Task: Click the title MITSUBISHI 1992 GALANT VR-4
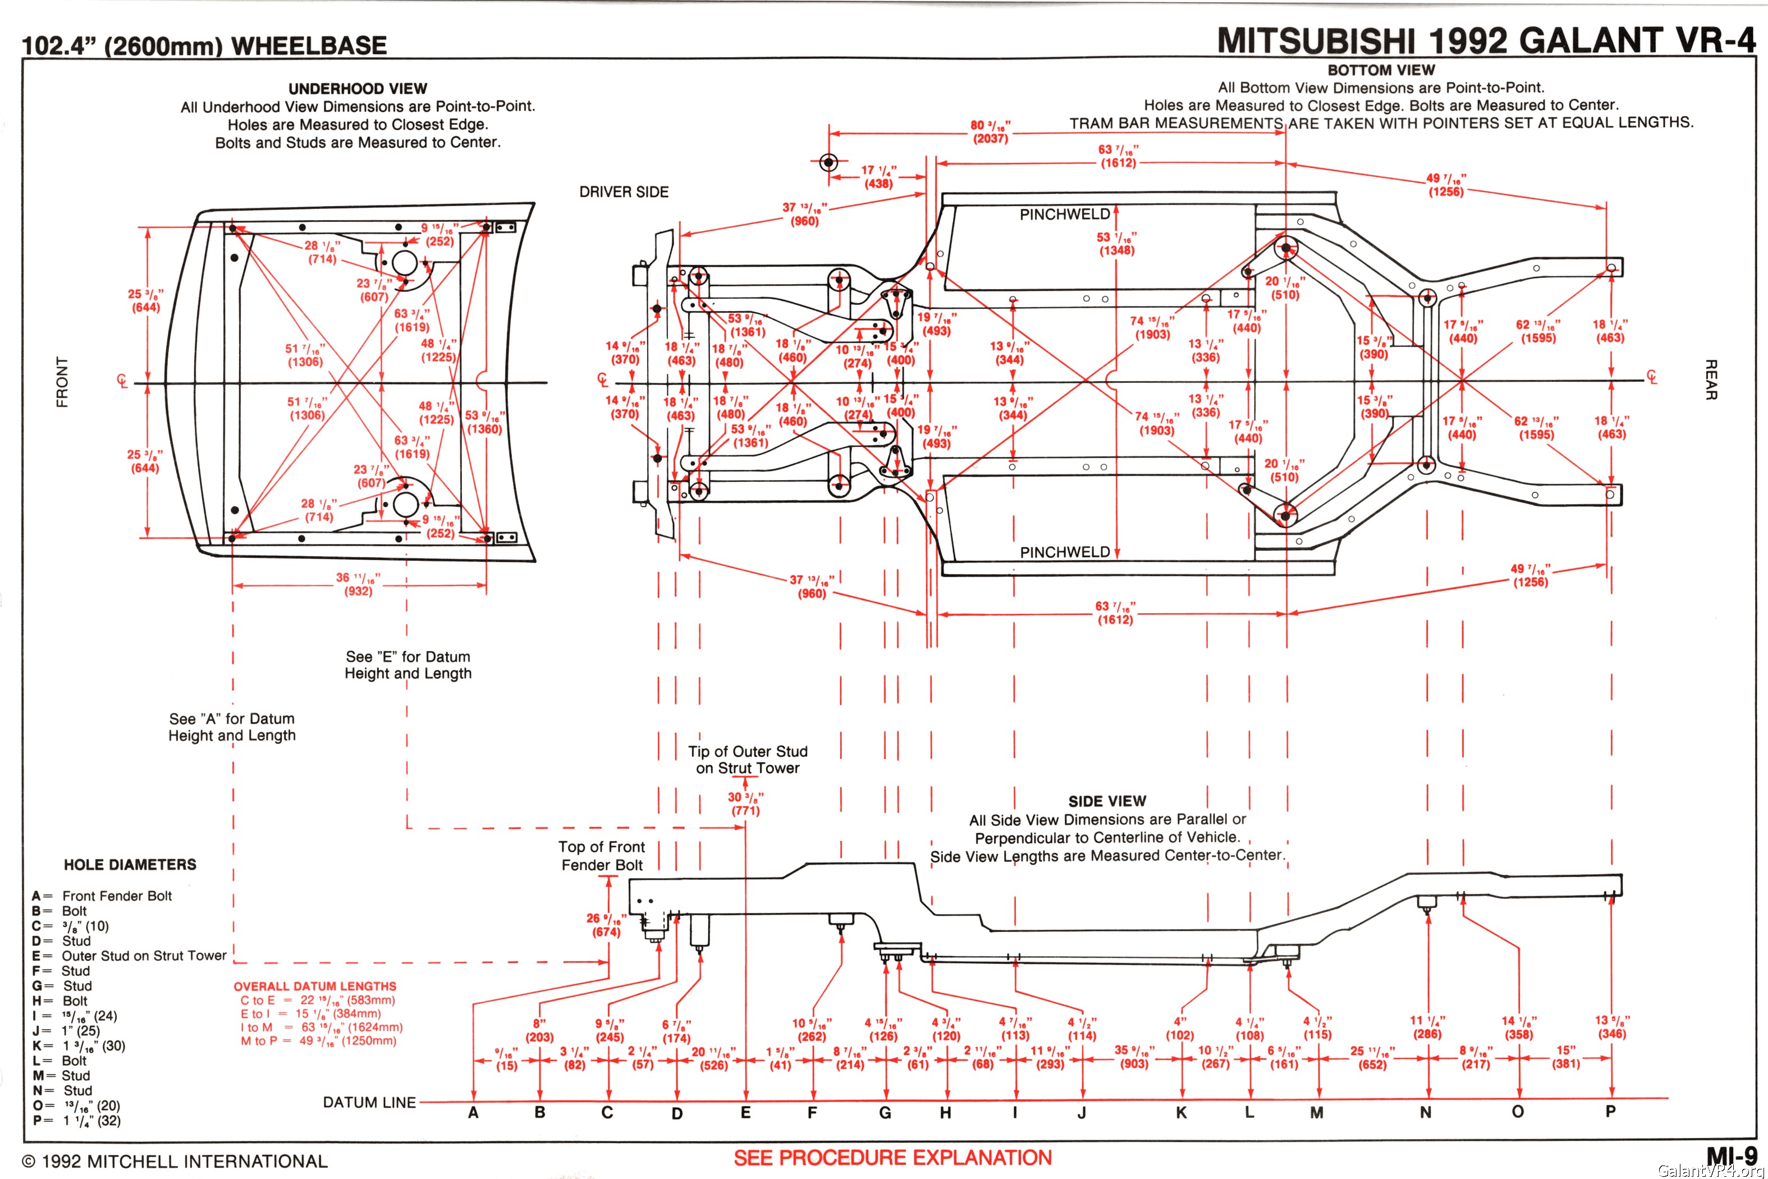pos(1486,40)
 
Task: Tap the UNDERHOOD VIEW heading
pos(358,89)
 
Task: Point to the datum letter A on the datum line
pos(473,1113)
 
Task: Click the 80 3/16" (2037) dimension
pos(991,131)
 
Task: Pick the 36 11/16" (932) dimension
pos(358,584)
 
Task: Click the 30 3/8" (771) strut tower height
pos(746,803)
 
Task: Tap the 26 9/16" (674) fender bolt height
pos(605,925)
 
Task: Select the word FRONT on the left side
pos(62,382)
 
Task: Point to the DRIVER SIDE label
pos(624,192)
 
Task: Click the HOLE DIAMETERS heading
pos(130,865)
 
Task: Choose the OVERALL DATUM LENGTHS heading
pos(315,986)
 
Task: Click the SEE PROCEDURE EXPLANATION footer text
pos(892,1158)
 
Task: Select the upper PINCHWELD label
pos(1064,214)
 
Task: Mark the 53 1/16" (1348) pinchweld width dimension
pos(1116,244)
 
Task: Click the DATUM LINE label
pos(369,1102)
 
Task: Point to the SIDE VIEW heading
pos(1107,802)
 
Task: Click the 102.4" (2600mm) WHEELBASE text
pos(204,45)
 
